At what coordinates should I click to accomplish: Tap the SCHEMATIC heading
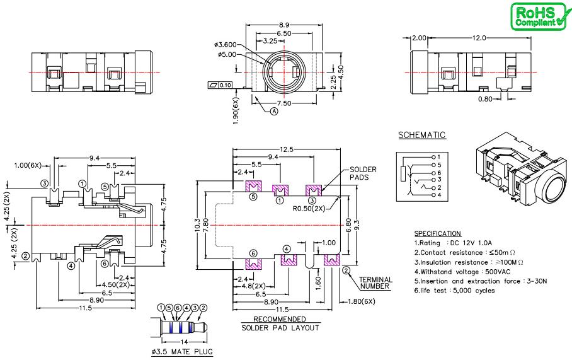coord(422,135)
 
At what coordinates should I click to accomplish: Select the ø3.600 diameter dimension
coord(226,44)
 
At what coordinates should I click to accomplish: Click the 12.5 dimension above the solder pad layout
coord(287,149)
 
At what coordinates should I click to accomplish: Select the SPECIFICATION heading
coord(438,234)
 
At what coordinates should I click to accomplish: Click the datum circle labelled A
coord(274,111)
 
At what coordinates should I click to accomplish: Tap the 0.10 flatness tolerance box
coord(226,85)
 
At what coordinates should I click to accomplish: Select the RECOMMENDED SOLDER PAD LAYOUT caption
coord(280,323)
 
